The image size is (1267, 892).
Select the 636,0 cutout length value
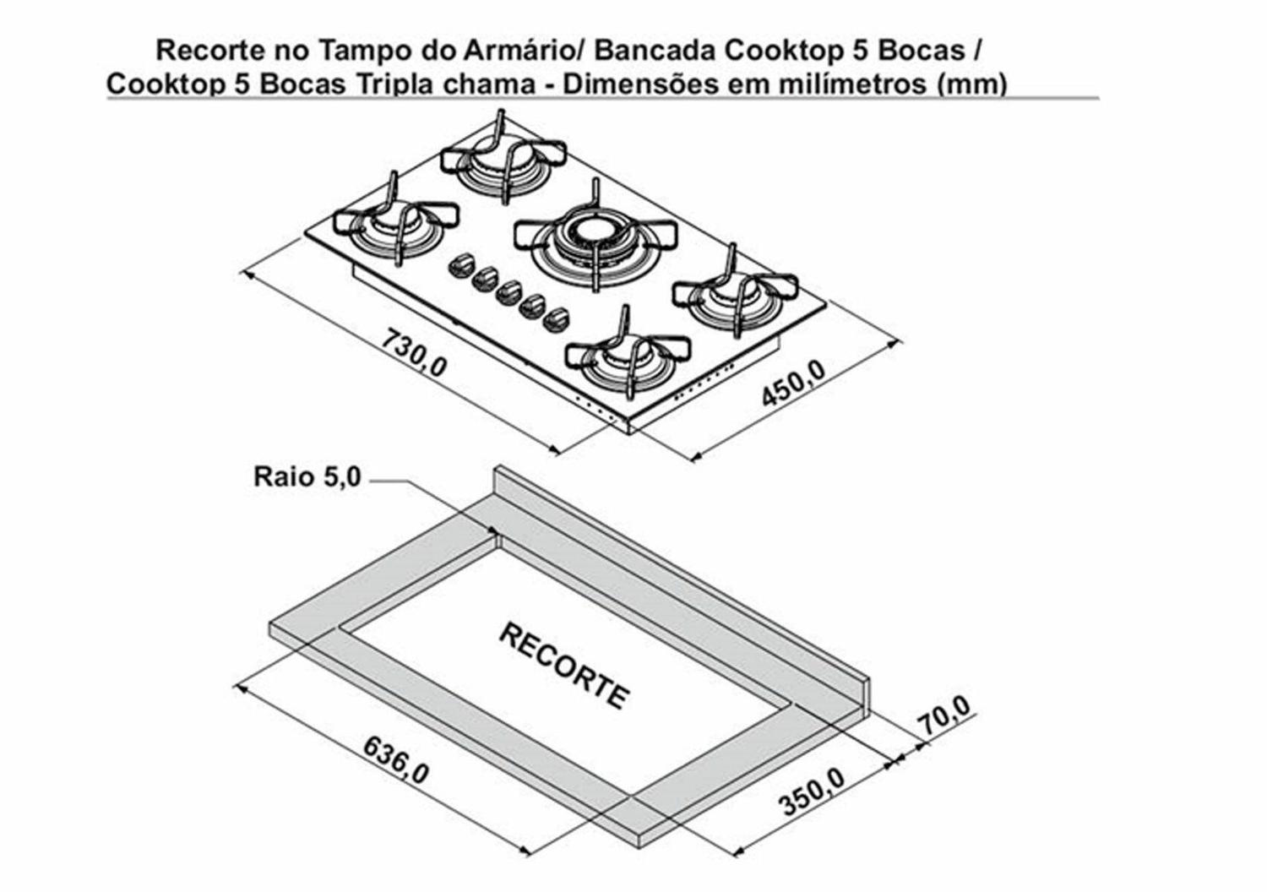click(396, 759)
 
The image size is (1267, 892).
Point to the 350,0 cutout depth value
click(812, 791)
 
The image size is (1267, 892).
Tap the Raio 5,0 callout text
click(307, 476)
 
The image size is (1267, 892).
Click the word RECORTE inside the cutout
click(564, 667)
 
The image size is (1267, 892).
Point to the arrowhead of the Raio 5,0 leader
click(495, 531)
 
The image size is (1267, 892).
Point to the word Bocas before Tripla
click(304, 84)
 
